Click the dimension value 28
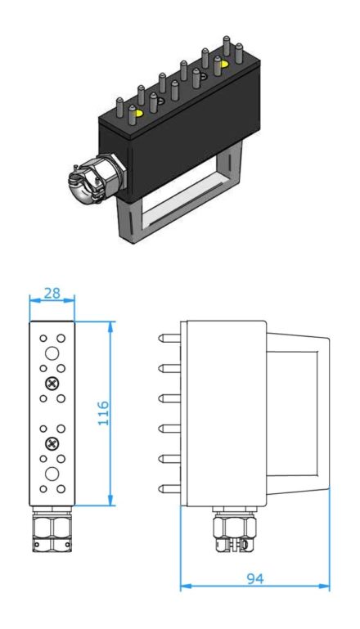coord(52,294)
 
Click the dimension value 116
coord(104,413)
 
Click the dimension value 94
coord(255,579)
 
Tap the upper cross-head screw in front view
coord(52,383)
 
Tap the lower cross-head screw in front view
coord(52,443)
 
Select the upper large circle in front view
coord(52,353)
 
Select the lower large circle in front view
coord(52,474)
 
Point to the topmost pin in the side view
coord(169,338)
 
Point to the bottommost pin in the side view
coord(169,489)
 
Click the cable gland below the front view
coord(52,528)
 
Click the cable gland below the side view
coord(235,528)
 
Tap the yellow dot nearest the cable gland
coord(137,113)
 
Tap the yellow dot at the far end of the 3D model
coord(223,64)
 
